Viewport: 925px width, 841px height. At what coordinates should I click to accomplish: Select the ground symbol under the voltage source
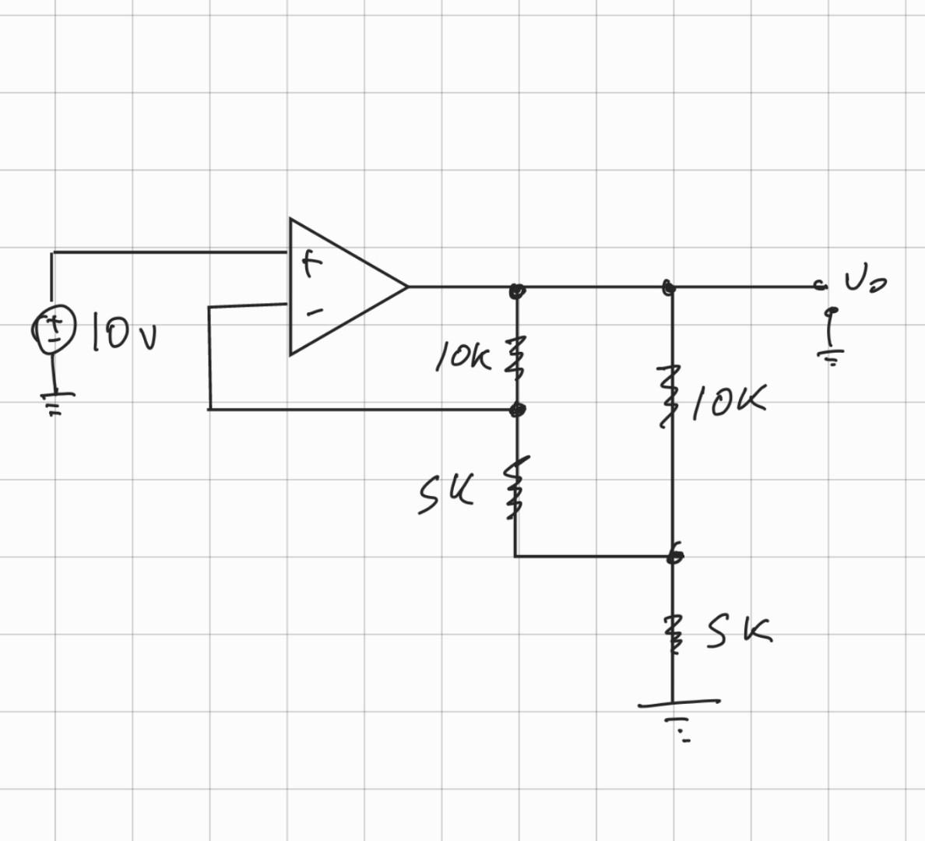(55, 402)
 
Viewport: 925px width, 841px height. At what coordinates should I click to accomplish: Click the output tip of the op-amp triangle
(406, 287)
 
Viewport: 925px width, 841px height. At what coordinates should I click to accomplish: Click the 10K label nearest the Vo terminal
(728, 400)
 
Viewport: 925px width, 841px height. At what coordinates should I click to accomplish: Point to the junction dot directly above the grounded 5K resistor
(675, 556)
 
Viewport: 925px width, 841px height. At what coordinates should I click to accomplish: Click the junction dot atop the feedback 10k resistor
(516, 290)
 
